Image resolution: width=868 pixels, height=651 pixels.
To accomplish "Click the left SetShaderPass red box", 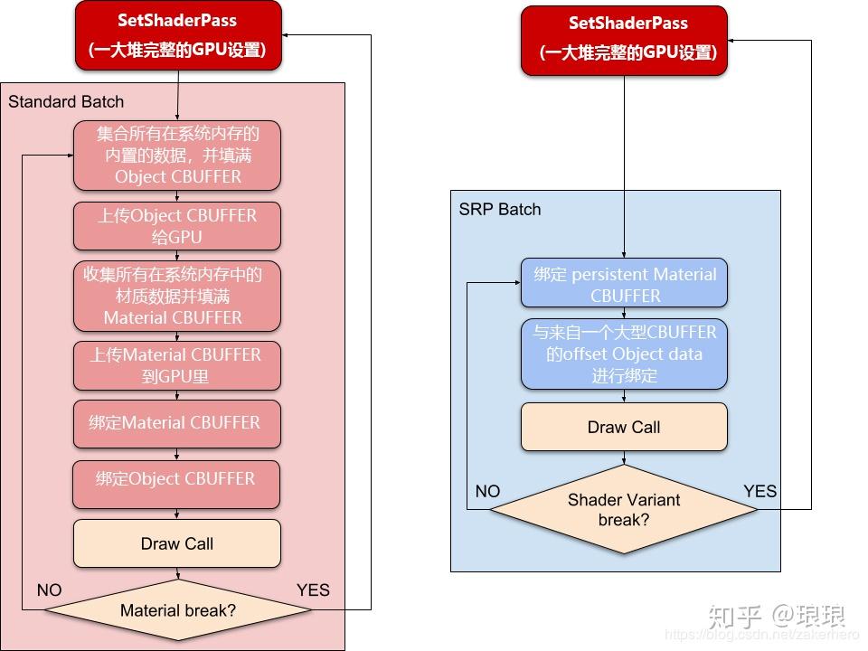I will [178, 35].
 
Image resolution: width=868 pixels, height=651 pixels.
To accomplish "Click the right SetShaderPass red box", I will [624, 40].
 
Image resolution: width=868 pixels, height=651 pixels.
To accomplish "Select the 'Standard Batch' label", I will [66, 101].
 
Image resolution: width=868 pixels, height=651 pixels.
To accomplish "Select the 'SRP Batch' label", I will [499, 209].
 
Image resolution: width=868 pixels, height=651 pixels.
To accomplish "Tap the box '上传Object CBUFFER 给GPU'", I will [177, 226].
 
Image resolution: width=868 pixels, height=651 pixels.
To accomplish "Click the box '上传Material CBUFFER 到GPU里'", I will [177, 365].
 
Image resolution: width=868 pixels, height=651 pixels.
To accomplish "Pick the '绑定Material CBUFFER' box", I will [177, 423].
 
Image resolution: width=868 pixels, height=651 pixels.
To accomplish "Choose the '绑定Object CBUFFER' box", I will [177, 479].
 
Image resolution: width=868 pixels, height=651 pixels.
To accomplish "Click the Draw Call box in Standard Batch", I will [177, 543].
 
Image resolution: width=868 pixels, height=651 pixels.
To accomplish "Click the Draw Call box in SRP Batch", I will [624, 427].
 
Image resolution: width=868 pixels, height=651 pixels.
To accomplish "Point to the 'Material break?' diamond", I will [178, 610].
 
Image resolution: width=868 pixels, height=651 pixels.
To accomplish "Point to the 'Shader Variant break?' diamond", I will [624, 509].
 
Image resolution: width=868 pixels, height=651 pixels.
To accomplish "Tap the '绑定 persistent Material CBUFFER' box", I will [624, 284].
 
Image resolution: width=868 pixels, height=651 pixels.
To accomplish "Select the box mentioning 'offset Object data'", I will [624, 354].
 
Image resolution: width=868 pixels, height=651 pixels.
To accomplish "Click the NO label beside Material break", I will [49, 590].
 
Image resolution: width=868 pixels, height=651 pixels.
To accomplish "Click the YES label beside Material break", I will [313, 590].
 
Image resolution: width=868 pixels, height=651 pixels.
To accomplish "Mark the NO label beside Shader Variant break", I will [487, 491].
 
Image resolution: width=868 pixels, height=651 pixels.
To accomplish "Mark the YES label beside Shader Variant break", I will [759, 491].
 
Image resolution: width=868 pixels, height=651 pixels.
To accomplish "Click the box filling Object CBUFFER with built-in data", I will [177, 156].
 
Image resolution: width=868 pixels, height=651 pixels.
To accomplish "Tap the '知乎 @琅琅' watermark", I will [777, 617].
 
